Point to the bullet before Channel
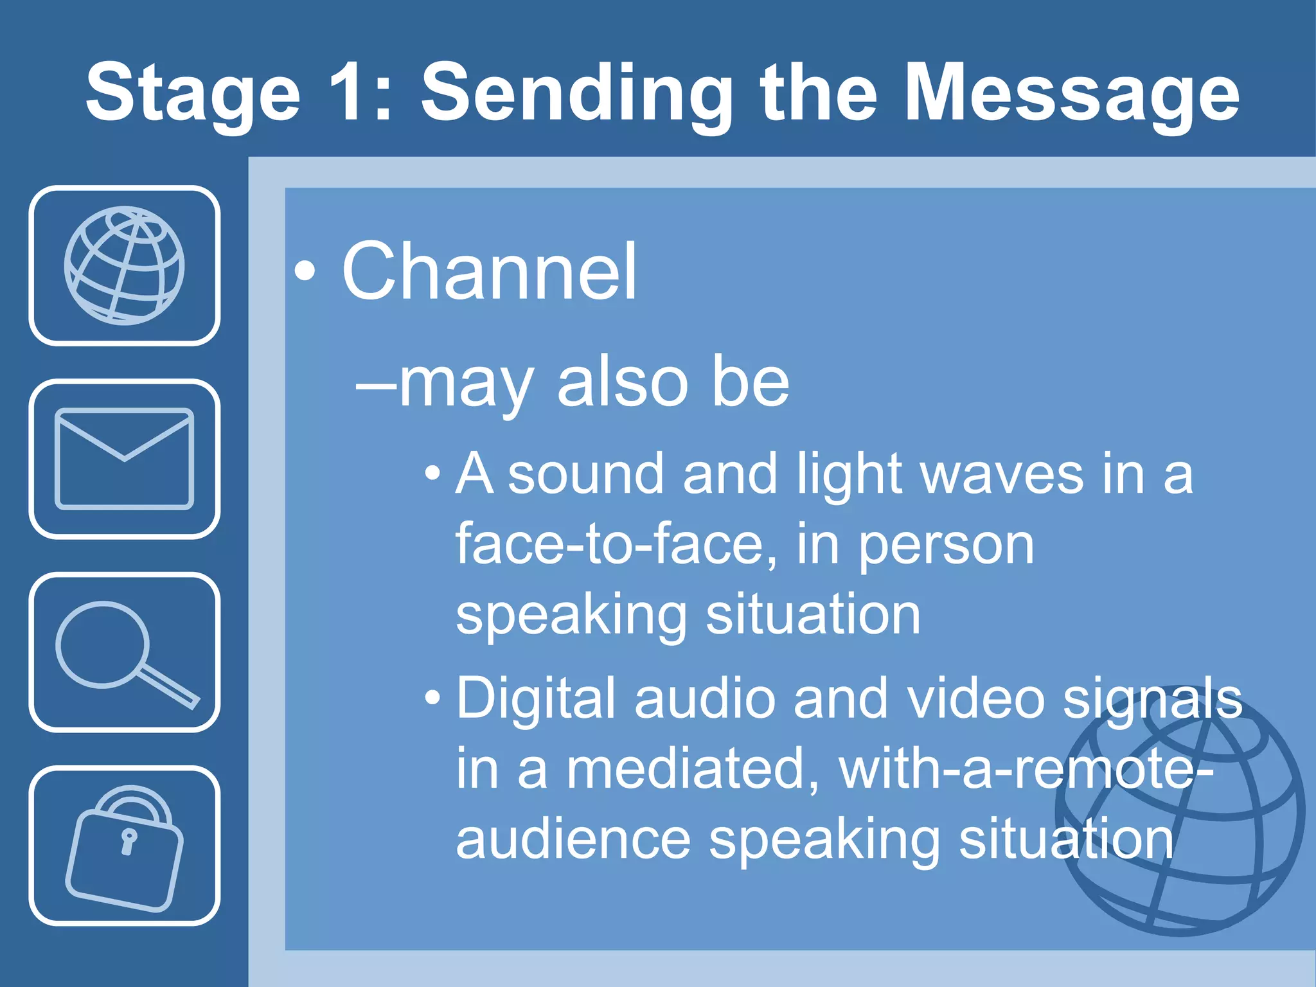(x=305, y=272)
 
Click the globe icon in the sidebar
(x=124, y=265)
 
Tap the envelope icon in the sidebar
(x=124, y=459)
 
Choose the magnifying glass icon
(x=124, y=652)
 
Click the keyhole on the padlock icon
(x=129, y=841)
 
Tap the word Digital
(x=536, y=698)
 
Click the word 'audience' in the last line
(x=573, y=840)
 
